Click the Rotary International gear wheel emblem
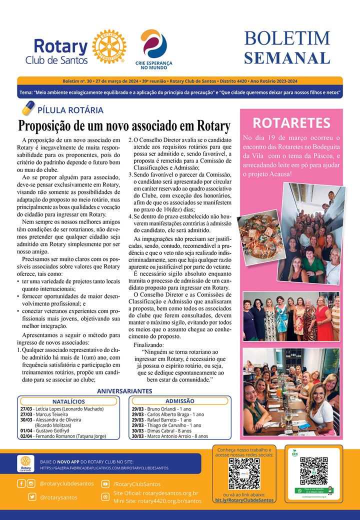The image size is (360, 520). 109,46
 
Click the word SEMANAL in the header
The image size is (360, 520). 287,57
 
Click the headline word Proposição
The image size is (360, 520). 46,125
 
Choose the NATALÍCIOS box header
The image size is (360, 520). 68,401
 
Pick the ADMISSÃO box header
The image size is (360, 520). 179,401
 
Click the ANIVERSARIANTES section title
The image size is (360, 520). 124,390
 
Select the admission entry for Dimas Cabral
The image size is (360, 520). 163,430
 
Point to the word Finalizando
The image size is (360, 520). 149,345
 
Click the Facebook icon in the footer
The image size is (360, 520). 21,483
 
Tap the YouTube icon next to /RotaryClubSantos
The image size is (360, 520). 105,484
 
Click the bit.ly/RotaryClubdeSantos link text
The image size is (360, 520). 244,500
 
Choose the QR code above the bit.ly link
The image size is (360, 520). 244,473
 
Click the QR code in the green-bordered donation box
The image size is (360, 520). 313,470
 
